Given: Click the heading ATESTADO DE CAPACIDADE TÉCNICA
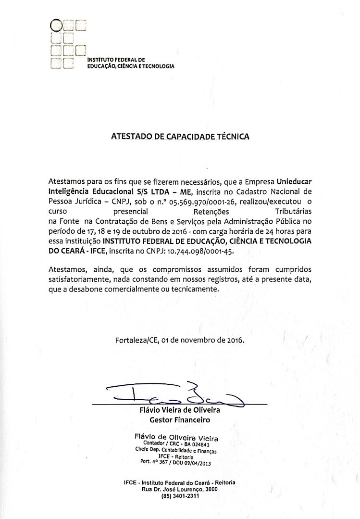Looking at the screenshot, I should tap(180, 137).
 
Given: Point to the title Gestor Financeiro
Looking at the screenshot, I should tap(180, 420).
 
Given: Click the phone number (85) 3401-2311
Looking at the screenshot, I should tap(179, 496).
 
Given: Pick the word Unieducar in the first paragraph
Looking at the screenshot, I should tap(294, 182).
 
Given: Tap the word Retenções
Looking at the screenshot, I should tap(211, 211).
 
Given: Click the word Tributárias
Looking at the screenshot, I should tap(293, 211).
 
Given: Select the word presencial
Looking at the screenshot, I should tap(130, 211).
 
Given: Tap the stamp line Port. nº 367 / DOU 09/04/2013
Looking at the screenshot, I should tap(175, 463).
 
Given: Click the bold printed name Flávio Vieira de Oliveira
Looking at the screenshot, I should tap(180, 411).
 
